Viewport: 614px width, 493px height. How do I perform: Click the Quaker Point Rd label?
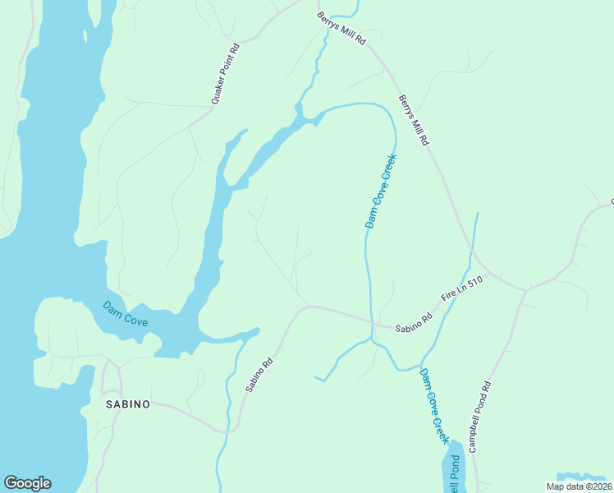(224, 74)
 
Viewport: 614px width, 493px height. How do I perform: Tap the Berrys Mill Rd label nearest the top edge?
(341, 28)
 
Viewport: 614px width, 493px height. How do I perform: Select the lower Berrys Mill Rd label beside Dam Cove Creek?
(414, 120)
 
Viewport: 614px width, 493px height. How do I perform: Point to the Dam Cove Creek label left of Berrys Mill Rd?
(381, 191)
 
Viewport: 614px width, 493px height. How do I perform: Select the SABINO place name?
(127, 404)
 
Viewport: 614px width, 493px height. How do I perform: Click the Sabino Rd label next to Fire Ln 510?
(413, 321)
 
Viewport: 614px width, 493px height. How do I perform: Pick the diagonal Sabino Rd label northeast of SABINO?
(257, 374)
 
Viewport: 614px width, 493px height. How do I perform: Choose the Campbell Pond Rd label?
(479, 417)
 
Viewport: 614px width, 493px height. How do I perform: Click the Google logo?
(27, 483)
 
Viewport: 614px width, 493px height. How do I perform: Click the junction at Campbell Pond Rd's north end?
(526, 290)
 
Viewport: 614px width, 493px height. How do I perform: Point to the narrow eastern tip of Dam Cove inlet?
(256, 330)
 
